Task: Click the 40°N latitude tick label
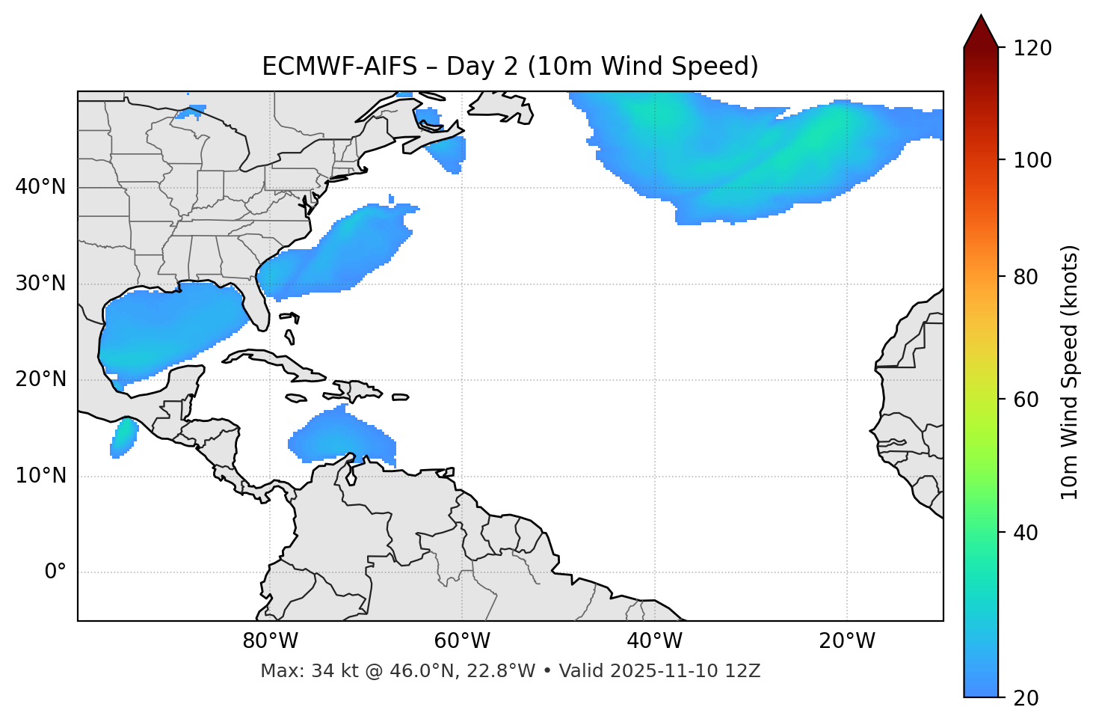[40, 187]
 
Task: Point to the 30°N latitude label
[40, 284]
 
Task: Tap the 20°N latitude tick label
[40, 379]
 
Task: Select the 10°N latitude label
[40, 476]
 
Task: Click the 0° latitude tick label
[55, 572]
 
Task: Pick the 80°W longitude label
[270, 641]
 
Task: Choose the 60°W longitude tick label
[462, 641]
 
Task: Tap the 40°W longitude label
[654, 641]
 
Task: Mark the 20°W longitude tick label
[847, 641]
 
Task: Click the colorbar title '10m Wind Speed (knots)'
[1070, 372]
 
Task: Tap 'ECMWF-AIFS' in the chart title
[339, 67]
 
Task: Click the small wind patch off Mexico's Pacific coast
[123, 438]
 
